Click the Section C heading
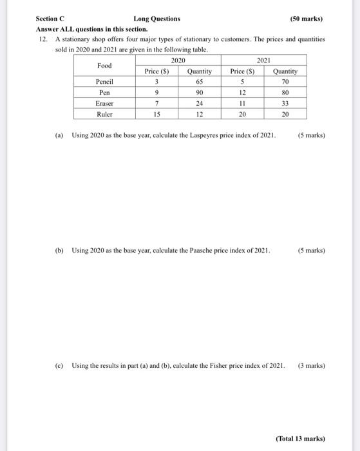point(50,19)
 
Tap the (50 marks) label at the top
point(307,19)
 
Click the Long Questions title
point(157,19)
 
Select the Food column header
point(104,66)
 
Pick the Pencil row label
point(104,82)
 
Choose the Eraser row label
point(104,103)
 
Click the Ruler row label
point(104,114)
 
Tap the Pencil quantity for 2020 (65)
point(200,82)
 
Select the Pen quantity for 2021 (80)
point(285,92)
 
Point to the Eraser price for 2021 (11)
point(243,103)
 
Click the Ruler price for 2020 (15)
point(156,114)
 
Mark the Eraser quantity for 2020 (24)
point(200,103)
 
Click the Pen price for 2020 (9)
point(156,92)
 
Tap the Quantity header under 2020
point(200,71)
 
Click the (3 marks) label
point(312,365)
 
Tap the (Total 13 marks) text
point(301,438)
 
